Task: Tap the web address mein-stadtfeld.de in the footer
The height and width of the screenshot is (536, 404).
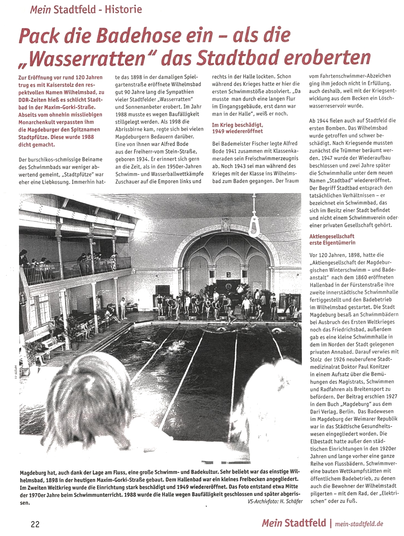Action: (x=359, y=524)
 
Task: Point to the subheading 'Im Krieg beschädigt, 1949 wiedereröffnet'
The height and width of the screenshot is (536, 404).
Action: (x=238, y=128)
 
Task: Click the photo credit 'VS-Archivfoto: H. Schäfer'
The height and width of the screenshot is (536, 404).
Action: (x=275, y=501)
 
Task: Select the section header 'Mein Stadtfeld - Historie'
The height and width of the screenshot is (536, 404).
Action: (x=86, y=9)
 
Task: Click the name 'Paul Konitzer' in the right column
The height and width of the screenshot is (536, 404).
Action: (x=371, y=367)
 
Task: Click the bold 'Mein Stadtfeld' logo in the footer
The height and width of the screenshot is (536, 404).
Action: (x=293, y=523)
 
